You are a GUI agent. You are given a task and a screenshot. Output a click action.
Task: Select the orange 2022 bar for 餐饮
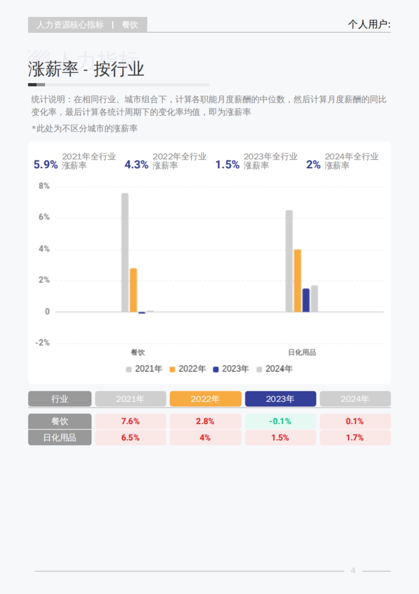(133, 290)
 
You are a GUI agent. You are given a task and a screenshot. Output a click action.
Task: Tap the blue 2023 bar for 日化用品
(306, 300)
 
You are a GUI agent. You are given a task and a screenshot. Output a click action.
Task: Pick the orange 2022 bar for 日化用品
(297, 281)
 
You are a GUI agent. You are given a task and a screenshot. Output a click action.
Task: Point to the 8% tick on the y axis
(44, 186)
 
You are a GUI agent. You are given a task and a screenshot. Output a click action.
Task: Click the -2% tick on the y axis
(43, 343)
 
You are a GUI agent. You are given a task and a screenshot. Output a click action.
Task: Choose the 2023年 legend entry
(231, 369)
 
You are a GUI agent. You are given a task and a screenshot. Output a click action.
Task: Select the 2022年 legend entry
(188, 369)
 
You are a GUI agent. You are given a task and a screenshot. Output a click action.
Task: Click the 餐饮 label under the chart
(138, 352)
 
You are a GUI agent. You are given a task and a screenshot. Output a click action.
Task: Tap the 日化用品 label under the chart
(302, 352)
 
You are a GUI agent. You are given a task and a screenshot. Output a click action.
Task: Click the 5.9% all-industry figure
(45, 164)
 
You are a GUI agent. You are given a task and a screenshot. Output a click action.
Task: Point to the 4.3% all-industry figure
(137, 164)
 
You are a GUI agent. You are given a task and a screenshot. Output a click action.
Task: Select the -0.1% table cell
(280, 421)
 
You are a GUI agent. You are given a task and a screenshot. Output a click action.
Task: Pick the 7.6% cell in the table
(130, 421)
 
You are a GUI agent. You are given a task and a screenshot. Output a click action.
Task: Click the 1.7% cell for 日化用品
(355, 438)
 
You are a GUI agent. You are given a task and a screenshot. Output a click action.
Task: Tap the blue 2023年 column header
(280, 399)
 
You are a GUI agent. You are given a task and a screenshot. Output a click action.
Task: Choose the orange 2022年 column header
(205, 399)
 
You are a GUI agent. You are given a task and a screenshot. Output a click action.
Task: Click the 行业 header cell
(60, 399)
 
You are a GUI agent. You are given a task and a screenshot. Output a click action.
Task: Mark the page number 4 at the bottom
(353, 571)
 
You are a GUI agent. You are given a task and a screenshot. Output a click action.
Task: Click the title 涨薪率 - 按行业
(86, 69)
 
